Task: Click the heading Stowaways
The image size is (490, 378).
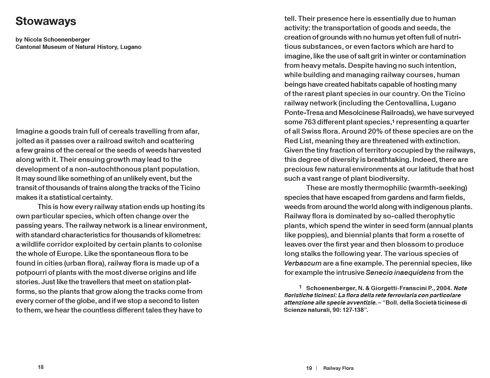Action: click(46, 21)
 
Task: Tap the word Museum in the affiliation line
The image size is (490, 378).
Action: click(55, 47)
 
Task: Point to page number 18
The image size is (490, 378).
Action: click(41, 367)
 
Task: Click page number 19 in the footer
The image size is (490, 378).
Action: click(309, 368)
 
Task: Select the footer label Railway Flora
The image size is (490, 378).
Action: click(338, 368)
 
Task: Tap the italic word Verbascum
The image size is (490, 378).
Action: click(303, 263)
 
